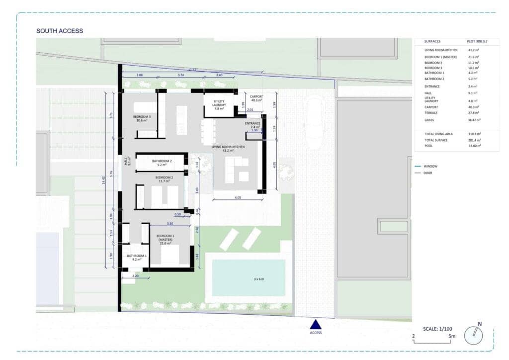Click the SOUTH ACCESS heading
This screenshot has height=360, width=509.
point(60,31)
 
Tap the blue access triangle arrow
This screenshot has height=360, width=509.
point(316,324)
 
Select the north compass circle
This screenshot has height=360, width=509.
point(473,336)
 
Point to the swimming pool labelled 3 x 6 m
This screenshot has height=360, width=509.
point(249,278)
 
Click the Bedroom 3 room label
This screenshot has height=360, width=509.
point(142,118)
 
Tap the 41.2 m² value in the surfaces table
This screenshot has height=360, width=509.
point(473,50)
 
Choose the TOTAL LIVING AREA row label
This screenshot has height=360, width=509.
point(438,134)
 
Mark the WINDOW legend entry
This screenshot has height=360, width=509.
point(431,166)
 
